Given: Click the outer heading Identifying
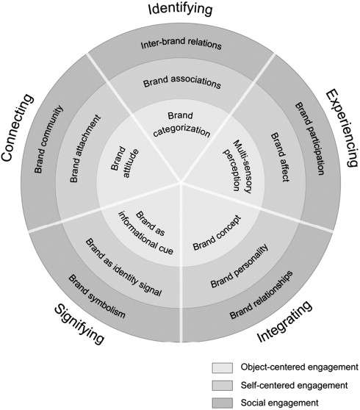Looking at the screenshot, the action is (x=180, y=9).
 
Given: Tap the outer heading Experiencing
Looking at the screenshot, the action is (x=342, y=128).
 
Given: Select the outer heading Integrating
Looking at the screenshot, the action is (x=285, y=321).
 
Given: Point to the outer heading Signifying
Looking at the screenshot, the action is (x=79, y=325).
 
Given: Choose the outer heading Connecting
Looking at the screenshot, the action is (x=17, y=127).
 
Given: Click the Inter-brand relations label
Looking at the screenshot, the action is (x=181, y=43).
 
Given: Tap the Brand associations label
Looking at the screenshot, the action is (x=182, y=82).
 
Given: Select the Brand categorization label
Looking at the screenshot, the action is (x=181, y=124).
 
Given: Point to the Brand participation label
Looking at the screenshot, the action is (x=310, y=138).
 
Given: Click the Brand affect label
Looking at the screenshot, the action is (x=280, y=157).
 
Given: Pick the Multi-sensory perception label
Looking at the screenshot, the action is (x=238, y=167).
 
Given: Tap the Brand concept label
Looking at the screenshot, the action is (x=217, y=233).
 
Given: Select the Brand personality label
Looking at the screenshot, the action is (x=240, y=266).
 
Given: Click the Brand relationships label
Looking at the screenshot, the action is (x=262, y=295).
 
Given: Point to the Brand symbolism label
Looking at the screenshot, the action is (x=97, y=296).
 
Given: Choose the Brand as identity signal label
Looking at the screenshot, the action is (x=123, y=267).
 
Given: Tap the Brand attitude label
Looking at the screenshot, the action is (x=124, y=162).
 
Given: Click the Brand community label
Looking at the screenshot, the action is (x=49, y=139).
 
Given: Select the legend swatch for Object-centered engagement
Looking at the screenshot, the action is (x=222, y=367).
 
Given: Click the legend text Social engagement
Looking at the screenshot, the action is (x=279, y=403).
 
